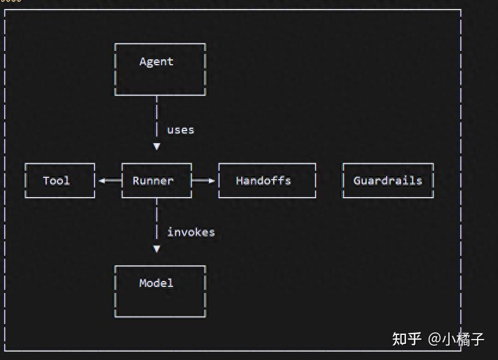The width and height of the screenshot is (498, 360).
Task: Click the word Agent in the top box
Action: coord(156,62)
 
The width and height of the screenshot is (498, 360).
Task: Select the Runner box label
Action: coord(153,180)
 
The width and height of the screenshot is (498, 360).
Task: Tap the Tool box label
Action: coord(57,180)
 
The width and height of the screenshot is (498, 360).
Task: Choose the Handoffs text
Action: coord(263,180)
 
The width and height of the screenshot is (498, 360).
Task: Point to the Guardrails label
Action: coord(388,180)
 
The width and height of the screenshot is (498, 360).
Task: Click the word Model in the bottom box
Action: coord(156,283)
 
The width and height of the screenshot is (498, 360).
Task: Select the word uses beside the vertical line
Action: coord(180,130)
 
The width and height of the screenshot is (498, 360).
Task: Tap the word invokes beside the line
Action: coord(191,232)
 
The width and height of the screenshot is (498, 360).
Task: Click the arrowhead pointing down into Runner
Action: coord(156,146)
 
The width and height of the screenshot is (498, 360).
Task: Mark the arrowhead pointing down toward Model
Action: coord(156,249)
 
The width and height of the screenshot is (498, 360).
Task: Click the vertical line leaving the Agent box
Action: coord(156,114)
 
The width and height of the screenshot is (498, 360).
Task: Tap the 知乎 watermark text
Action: coord(407,339)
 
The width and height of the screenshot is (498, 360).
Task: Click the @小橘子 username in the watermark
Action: coord(456,339)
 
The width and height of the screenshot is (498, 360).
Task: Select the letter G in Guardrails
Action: coord(357,180)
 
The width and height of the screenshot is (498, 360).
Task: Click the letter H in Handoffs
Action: coord(239,180)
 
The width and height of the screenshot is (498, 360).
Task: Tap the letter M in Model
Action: coord(143,283)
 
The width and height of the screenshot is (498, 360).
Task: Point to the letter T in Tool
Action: coord(46,180)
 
